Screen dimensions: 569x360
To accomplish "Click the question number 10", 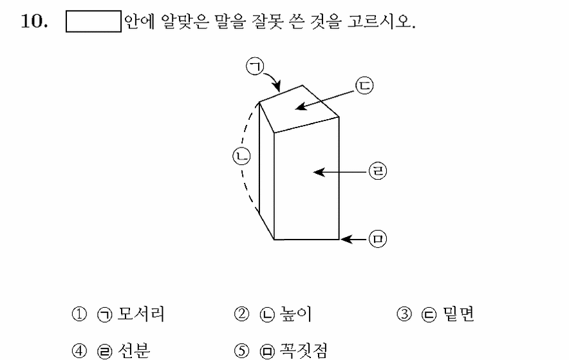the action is (x=35, y=21).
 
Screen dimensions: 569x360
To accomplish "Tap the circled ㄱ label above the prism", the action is (x=255, y=66).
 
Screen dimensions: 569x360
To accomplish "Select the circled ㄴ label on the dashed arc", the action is (x=241, y=156).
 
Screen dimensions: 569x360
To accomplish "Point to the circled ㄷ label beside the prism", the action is (x=364, y=86).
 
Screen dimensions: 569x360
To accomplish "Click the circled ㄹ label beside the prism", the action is (x=378, y=171).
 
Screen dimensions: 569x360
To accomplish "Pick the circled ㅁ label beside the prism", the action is (x=378, y=239).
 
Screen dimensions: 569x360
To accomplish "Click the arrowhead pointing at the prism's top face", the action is (x=301, y=106).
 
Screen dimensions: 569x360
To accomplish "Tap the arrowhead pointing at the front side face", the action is (x=319, y=172).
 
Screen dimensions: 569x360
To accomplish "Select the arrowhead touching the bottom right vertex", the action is (x=346, y=239).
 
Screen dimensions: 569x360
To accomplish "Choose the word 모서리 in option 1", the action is (x=141, y=314).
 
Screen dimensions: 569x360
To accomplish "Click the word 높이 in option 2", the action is (x=295, y=314).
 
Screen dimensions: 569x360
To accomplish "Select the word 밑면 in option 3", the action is (x=458, y=314).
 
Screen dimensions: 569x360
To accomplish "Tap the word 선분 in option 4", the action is (x=133, y=350).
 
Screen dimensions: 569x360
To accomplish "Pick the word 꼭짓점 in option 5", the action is (x=303, y=350).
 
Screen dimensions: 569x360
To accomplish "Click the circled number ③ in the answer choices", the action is (x=404, y=314).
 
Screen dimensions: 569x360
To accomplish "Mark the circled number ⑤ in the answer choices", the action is (x=241, y=350).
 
